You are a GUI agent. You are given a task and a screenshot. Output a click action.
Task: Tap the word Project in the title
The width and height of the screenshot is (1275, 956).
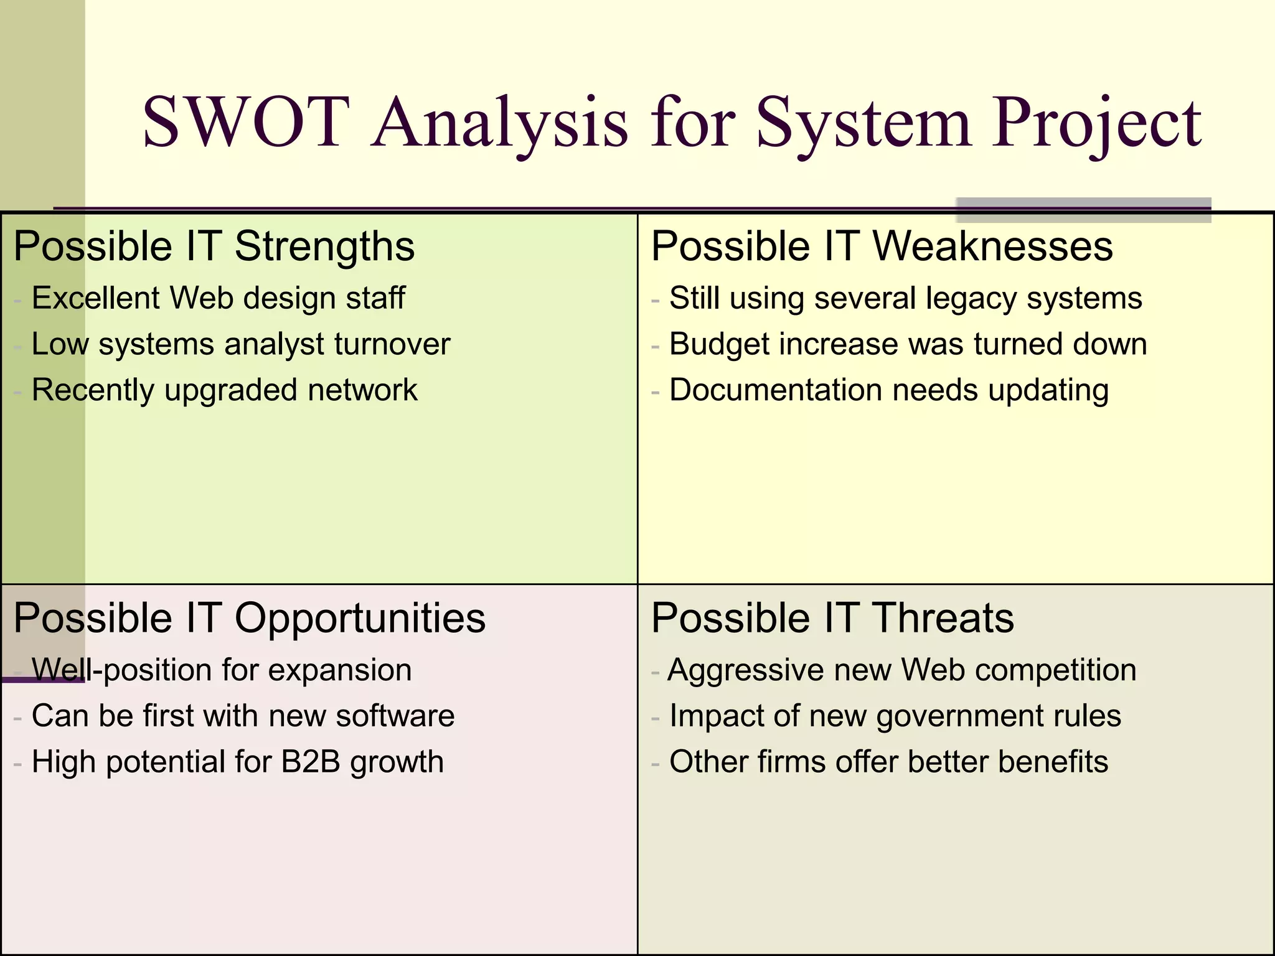1097,123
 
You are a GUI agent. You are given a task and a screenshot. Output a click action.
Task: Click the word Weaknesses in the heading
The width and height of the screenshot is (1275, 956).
992,246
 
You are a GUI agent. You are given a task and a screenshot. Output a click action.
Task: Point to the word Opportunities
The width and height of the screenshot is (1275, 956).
359,618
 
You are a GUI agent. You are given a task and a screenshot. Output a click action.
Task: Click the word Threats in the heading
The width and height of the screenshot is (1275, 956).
943,618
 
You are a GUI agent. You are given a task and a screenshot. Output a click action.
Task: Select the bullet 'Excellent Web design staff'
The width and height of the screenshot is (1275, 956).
218,298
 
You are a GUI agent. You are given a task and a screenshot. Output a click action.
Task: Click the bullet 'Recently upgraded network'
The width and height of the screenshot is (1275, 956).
224,391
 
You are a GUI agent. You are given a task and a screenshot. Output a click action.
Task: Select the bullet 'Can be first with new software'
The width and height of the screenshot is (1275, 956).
243,716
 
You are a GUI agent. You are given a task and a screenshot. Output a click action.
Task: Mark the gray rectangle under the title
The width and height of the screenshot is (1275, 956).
1083,210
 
